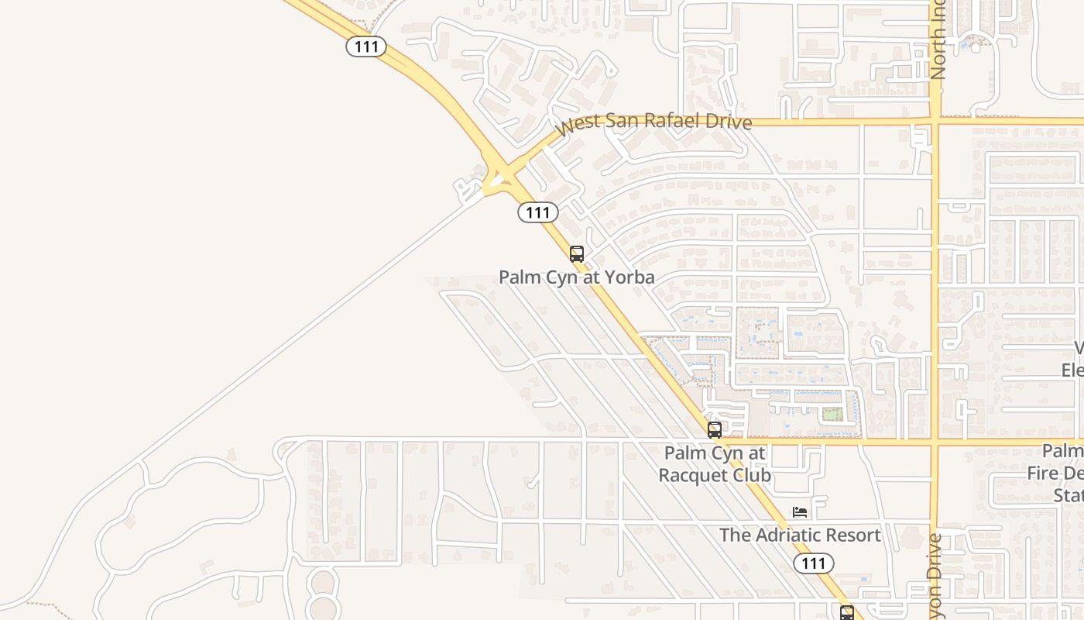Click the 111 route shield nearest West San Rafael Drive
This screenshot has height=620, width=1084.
[x=537, y=212]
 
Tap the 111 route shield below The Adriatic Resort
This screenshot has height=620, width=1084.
[x=813, y=563]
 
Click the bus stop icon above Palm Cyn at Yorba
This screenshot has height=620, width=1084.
[x=576, y=253]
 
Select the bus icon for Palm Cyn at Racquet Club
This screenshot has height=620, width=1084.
[x=714, y=429]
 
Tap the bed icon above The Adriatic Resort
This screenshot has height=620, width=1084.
[x=800, y=512]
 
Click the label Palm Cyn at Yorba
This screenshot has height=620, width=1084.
[x=576, y=277]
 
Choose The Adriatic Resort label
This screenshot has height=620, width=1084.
[x=800, y=535]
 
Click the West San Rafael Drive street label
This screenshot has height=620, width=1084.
[x=654, y=122]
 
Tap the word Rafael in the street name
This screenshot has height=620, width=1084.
[x=673, y=122]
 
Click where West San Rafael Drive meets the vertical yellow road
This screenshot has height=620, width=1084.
[x=935, y=121]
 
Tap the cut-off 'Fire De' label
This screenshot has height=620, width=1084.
[x=1057, y=473]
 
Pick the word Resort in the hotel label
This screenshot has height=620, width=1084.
[x=853, y=535]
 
